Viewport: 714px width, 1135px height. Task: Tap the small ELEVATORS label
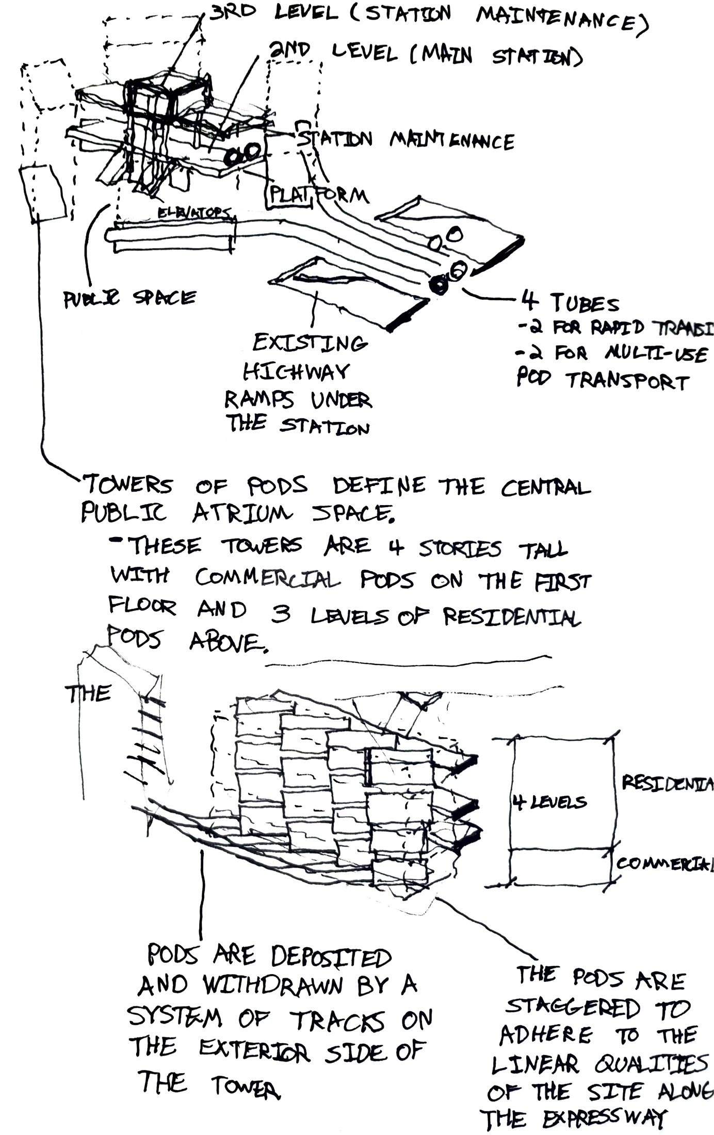193,213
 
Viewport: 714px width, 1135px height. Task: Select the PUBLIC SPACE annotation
129,298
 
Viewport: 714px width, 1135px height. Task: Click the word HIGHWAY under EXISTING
296,371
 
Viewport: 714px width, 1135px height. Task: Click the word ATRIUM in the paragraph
242,513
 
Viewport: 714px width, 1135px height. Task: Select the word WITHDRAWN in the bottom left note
273,986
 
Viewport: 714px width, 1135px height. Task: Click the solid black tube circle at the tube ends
439,284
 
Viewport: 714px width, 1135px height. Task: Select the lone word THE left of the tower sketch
88,694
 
